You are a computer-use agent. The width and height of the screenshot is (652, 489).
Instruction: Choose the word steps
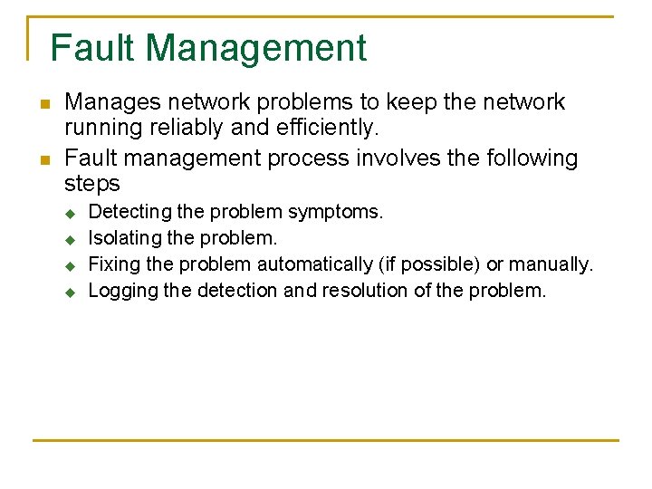[x=92, y=184]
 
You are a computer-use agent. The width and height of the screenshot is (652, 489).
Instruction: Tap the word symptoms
[x=335, y=212]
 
